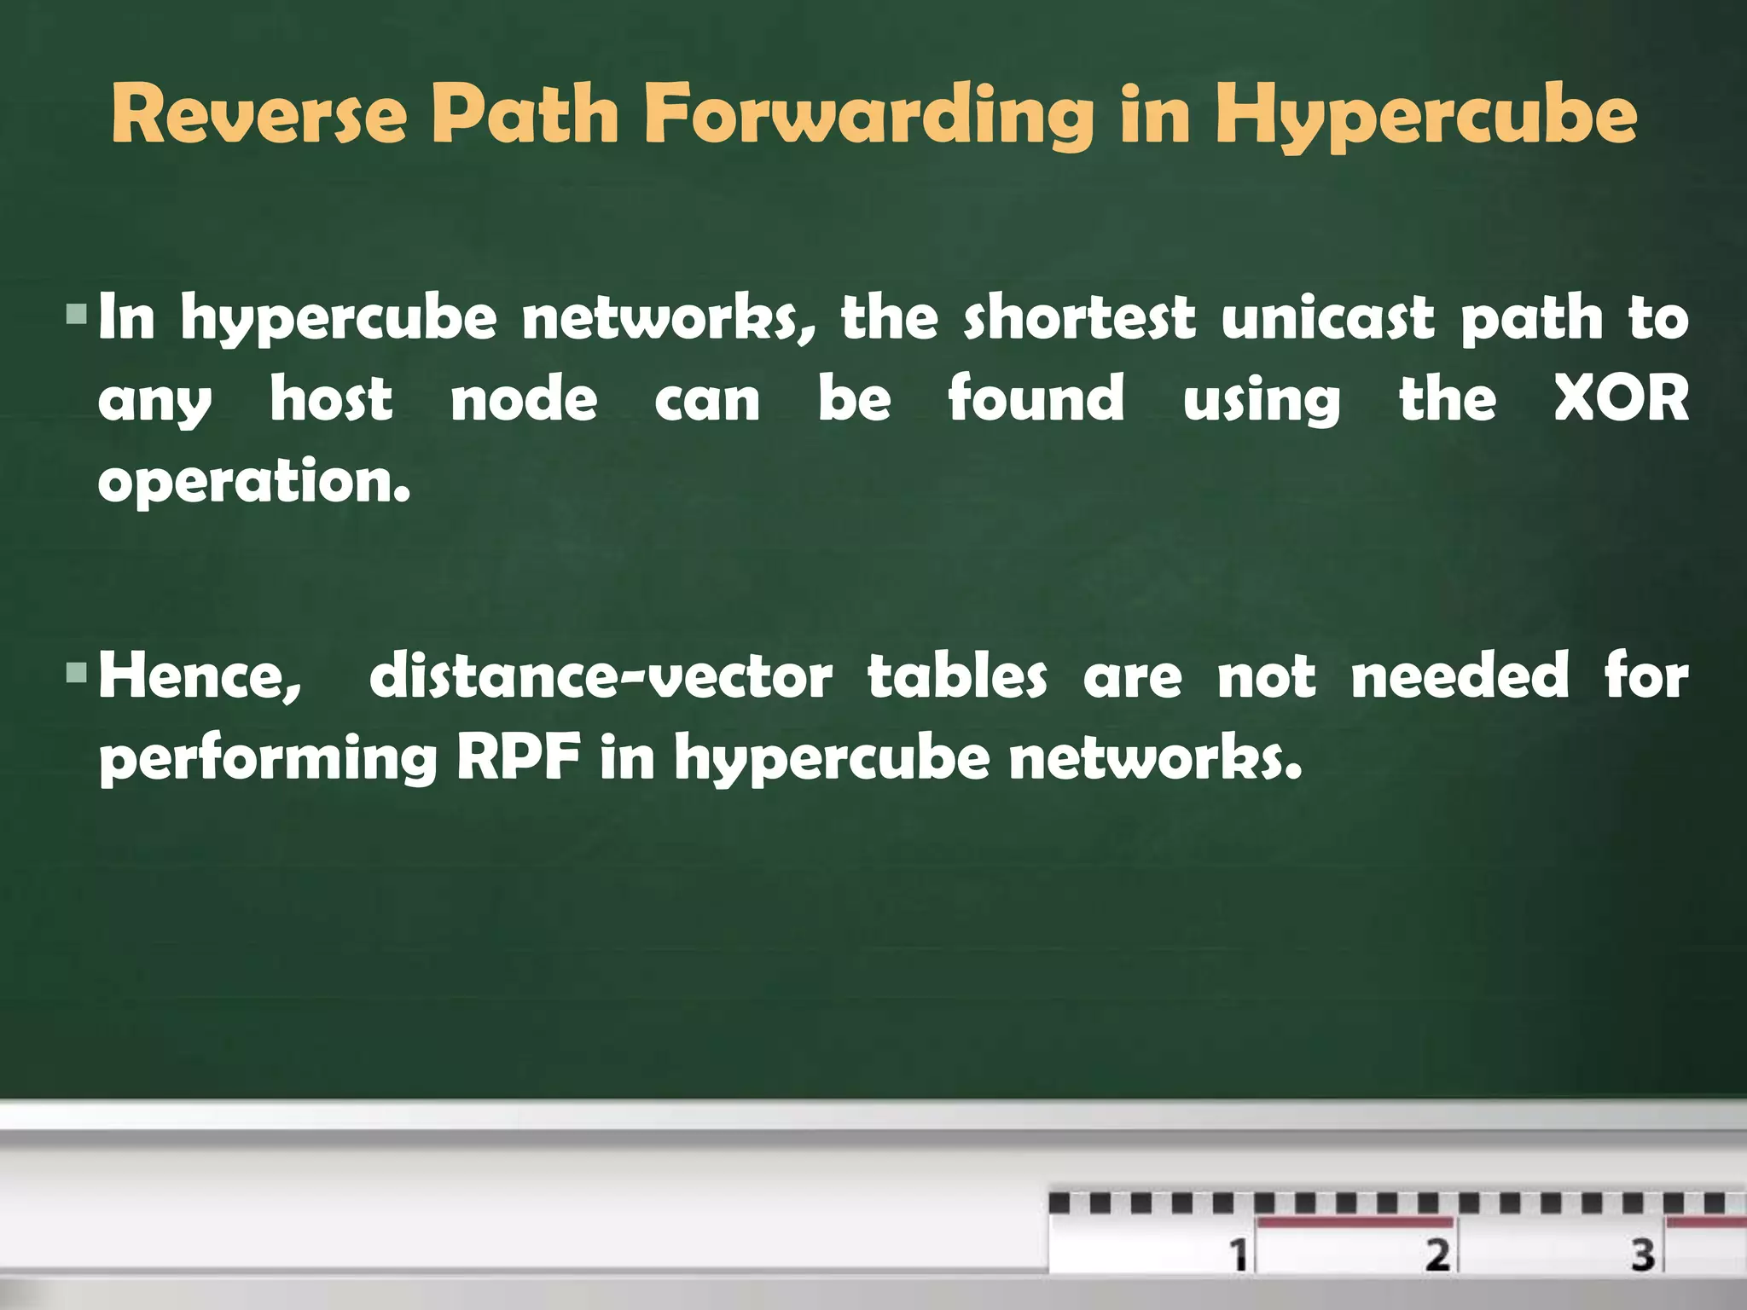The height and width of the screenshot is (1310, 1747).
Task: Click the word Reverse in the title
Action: pos(258,115)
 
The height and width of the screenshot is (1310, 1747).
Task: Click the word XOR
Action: pos(1620,398)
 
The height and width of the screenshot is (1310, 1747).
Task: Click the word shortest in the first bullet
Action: pos(1079,317)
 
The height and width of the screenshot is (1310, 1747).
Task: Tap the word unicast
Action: pos(1328,317)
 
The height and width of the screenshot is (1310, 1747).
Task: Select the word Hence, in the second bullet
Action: pos(200,676)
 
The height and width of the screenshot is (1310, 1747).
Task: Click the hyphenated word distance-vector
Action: pos(601,676)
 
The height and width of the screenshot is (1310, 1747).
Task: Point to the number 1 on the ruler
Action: pos(1239,1254)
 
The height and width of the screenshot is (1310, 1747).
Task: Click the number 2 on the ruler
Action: pos(1438,1254)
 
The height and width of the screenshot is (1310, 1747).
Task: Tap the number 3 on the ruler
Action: pos(1643,1254)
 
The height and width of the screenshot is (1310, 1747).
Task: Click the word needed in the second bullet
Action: pos(1460,676)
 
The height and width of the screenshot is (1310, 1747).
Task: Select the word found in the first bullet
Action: pos(1036,398)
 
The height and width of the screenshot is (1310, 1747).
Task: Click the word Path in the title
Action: pos(525,115)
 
